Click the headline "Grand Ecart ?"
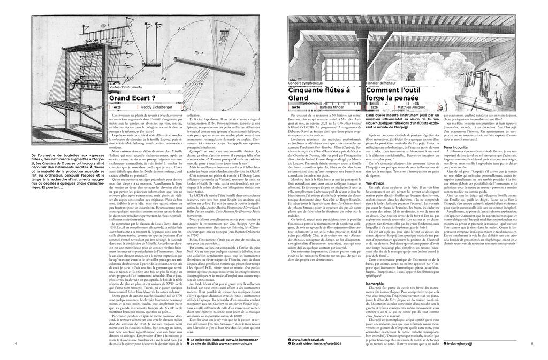(x=132, y=98)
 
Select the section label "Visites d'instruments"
(x=126, y=87)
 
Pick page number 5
(x=532, y=344)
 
